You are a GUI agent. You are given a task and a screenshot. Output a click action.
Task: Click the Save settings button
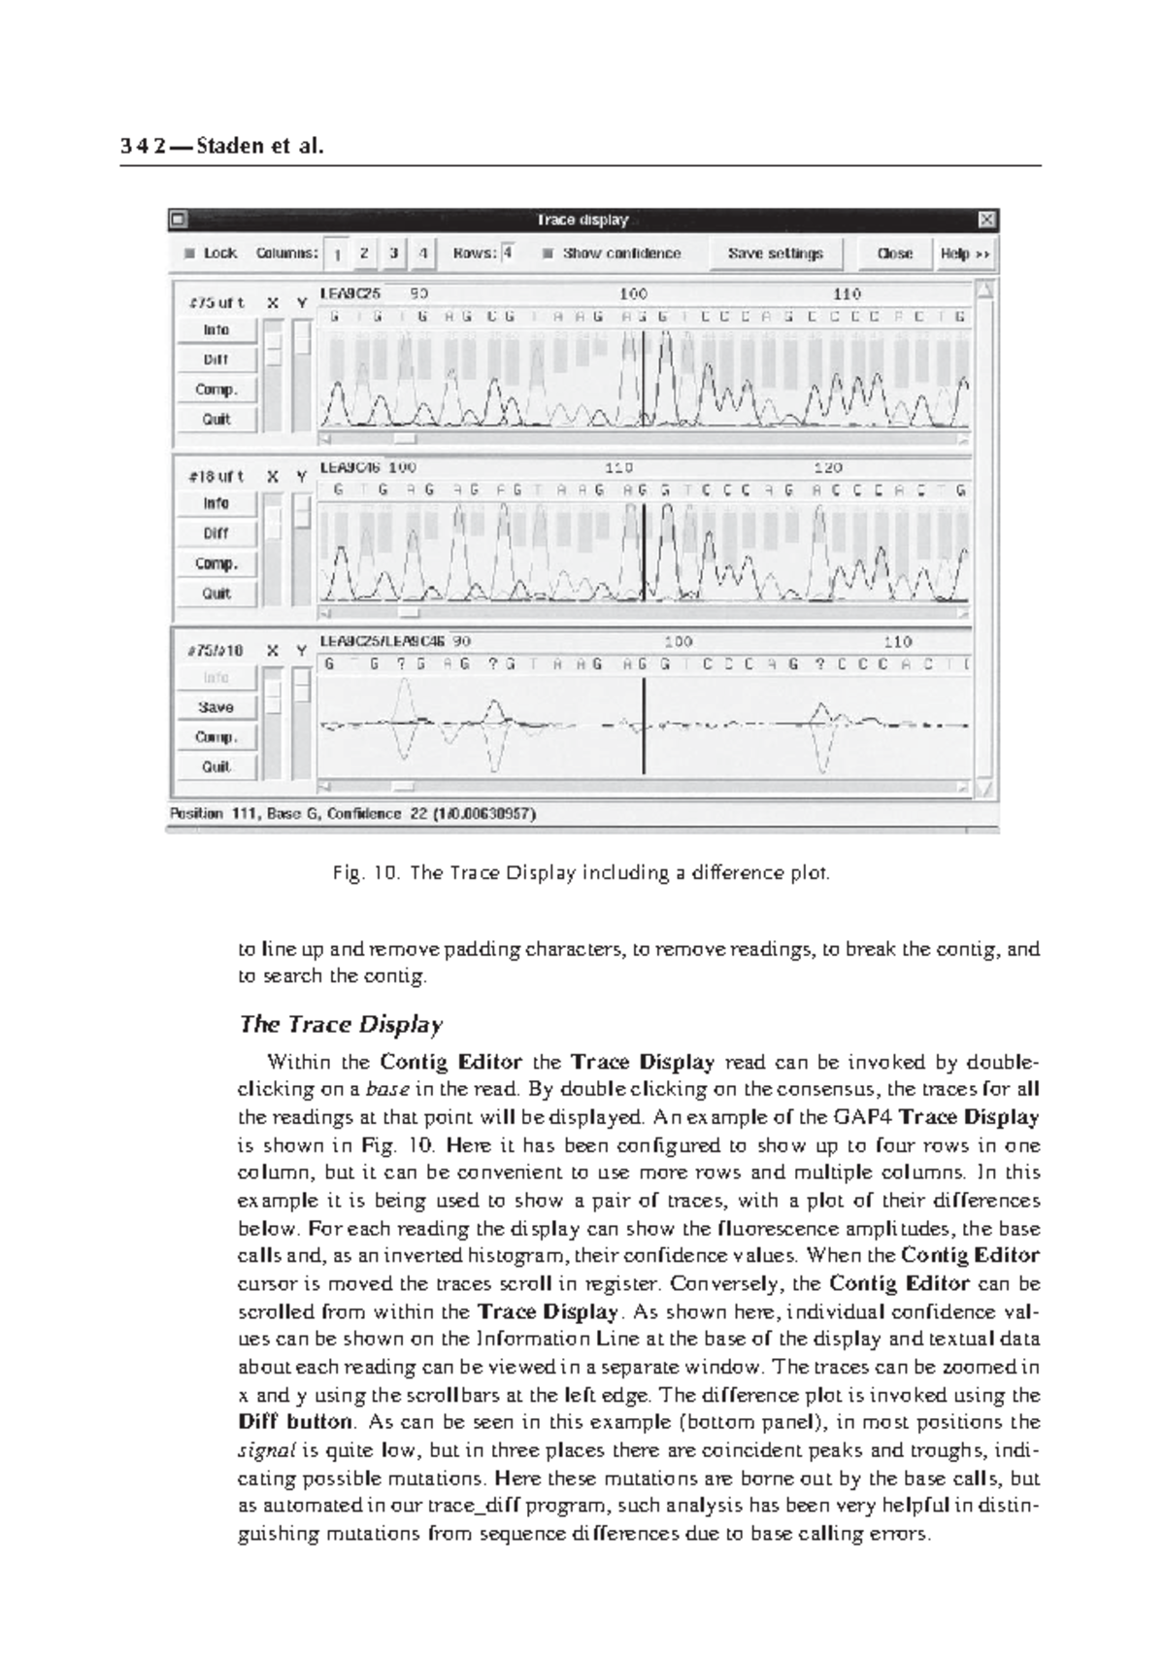(x=775, y=254)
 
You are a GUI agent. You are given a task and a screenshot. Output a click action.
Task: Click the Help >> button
(x=964, y=254)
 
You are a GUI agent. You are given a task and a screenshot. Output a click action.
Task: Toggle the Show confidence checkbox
(x=549, y=254)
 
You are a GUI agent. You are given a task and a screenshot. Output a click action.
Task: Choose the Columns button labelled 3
(x=393, y=254)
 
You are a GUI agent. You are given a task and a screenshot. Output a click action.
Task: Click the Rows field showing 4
(x=509, y=254)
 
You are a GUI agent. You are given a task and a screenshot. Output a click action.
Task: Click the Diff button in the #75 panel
(x=216, y=359)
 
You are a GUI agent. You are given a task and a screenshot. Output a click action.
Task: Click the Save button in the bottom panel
(x=216, y=707)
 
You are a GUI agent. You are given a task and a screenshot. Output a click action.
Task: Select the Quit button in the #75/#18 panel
(x=216, y=766)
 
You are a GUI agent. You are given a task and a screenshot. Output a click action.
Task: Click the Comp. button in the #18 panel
(x=216, y=563)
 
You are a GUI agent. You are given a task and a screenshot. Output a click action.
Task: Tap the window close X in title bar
(x=985, y=221)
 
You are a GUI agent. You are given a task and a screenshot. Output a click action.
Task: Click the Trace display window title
(x=582, y=221)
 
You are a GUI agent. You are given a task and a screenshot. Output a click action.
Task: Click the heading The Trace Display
(x=341, y=1025)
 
